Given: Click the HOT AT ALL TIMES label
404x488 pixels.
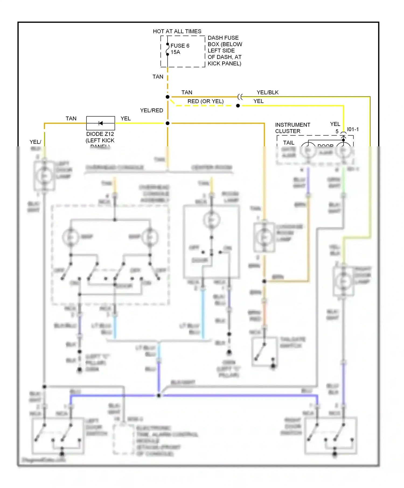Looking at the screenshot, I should click(177, 31).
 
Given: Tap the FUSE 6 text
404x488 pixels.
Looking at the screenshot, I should click(180, 46).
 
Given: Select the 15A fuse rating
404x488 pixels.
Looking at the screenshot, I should click(175, 52).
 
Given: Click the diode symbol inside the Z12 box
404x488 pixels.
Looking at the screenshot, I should click(100, 123).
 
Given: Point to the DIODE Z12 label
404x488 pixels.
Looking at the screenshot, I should click(100, 134).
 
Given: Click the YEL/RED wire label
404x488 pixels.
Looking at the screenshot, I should click(151, 110).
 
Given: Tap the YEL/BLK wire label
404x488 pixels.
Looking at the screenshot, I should click(267, 92).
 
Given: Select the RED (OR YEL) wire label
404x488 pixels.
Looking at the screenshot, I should click(206, 101).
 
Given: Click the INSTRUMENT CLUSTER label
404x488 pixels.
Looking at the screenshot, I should click(292, 128).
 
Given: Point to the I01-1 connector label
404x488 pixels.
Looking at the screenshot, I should click(353, 129).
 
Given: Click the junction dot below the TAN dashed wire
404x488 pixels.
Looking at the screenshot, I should click(168, 97).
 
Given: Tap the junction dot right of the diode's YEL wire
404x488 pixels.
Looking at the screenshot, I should click(168, 123).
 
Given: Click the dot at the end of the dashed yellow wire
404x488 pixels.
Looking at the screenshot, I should click(238, 106).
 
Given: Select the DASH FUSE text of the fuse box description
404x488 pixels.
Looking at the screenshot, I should click(223, 38).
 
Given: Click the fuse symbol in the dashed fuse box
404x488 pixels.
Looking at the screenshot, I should click(168, 49).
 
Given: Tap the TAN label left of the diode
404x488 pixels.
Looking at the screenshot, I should click(71, 118).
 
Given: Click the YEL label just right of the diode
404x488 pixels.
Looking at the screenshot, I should click(126, 118).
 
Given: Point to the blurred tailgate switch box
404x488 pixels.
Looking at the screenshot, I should click(264, 352).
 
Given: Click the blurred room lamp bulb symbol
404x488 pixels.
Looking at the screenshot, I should click(212, 220).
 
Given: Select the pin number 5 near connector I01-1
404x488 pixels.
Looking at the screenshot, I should click(337, 131).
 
